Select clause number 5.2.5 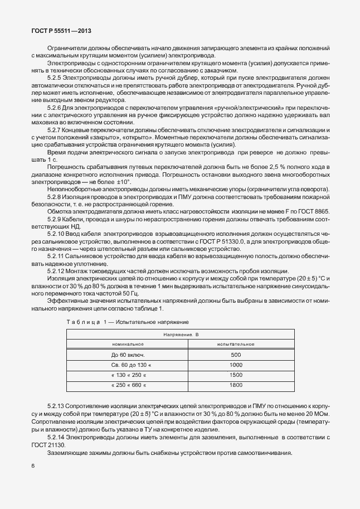point(55,79)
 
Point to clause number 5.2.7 point(55,129)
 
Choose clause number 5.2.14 point(56,438)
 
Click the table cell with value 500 point(236,355)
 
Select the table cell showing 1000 point(236,365)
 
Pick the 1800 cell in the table point(236,385)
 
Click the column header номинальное point(128,344)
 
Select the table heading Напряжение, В point(181,334)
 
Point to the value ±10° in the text point(123,182)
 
